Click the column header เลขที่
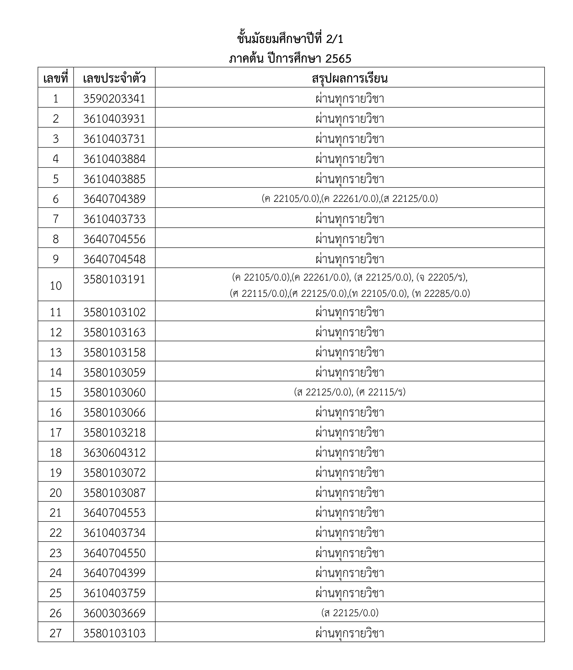pos(56,79)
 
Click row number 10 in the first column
pos(56,285)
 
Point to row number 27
pos(56,633)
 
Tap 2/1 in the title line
pos(335,39)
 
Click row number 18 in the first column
pos(56,452)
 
